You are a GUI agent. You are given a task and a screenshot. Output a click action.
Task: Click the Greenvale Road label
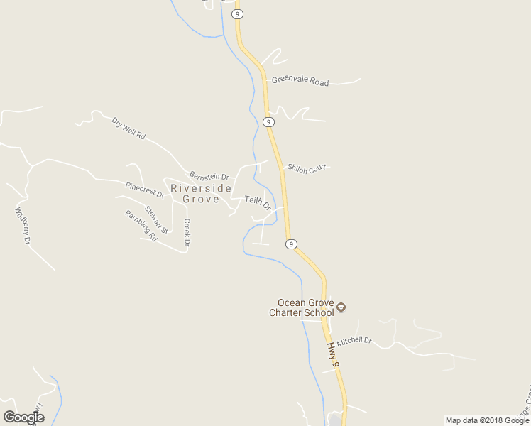(x=300, y=81)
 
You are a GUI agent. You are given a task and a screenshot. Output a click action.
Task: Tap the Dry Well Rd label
(x=128, y=128)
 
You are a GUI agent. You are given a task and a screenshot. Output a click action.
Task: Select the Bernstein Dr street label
(x=209, y=176)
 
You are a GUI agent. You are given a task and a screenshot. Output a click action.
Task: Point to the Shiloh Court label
(x=306, y=168)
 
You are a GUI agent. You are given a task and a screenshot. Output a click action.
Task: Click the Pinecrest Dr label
(x=145, y=190)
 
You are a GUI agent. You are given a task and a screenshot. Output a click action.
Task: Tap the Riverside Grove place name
(x=201, y=194)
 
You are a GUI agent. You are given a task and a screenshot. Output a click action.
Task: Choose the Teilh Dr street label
(x=258, y=203)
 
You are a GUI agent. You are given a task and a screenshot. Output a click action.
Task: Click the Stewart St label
(x=156, y=219)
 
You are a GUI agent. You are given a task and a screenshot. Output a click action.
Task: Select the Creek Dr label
(x=187, y=233)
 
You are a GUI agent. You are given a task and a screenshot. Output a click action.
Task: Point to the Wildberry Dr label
(x=23, y=226)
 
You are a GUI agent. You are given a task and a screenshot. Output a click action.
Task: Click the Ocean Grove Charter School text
(x=301, y=307)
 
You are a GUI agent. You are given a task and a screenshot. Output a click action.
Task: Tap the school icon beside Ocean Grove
(x=341, y=307)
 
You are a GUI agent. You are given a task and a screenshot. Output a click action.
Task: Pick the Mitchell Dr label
(x=354, y=341)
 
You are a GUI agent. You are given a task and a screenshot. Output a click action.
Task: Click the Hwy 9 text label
(x=334, y=355)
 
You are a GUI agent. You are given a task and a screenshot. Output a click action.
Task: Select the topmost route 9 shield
(x=238, y=13)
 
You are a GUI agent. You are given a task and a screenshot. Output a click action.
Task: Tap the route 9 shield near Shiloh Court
(x=268, y=122)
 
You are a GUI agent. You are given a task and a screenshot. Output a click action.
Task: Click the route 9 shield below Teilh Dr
(x=291, y=244)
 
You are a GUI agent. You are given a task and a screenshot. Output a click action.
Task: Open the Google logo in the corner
(x=23, y=417)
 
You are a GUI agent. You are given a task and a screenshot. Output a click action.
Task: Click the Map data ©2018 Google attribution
(x=487, y=420)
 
